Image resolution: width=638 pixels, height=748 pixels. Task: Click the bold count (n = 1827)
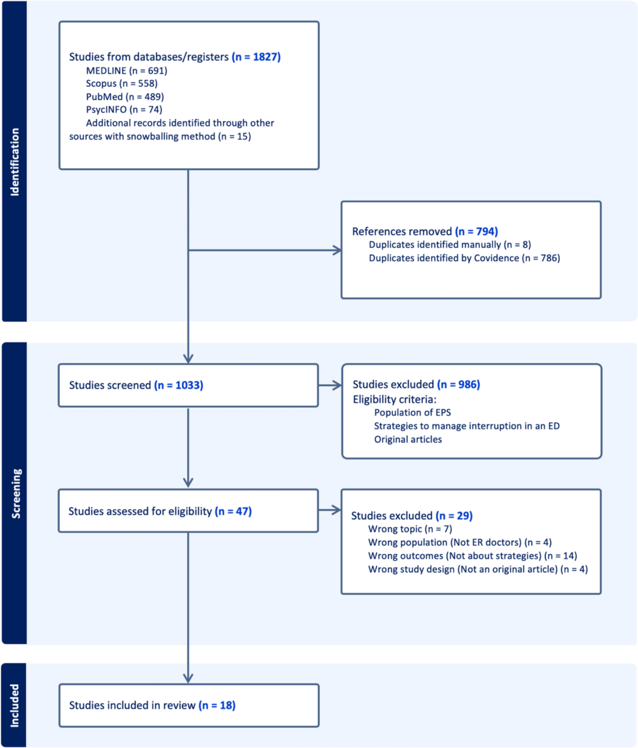click(x=256, y=57)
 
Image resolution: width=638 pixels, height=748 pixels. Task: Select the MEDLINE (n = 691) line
click(x=127, y=71)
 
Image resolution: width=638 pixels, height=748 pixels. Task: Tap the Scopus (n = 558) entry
click(x=122, y=84)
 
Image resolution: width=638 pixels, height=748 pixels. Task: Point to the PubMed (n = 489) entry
click(x=125, y=97)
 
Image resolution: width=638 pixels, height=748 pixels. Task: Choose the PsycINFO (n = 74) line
click(x=124, y=110)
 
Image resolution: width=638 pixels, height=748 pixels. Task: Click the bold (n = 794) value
click(x=476, y=231)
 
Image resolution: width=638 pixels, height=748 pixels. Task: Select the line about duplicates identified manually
click(x=450, y=245)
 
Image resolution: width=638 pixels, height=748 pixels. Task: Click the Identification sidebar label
click(x=14, y=162)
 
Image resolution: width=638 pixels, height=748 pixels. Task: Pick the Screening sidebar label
click(x=16, y=493)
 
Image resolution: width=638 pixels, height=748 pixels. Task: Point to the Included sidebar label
click(x=14, y=705)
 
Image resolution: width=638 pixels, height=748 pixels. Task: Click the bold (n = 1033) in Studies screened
click(x=179, y=385)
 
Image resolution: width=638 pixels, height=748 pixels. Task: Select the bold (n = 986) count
click(x=459, y=384)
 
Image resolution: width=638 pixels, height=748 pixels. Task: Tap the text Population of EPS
click(x=413, y=412)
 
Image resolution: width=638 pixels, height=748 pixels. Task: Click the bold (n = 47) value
click(x=233, y=511)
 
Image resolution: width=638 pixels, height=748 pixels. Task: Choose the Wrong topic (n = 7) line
click(x=410, y=529)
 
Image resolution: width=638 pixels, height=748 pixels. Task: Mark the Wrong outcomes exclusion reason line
click(x=472, y=556)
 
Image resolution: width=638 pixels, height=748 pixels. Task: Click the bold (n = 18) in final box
click(x=217, y=705)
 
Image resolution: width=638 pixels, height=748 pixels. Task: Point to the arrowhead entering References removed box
click(x=337, y=250)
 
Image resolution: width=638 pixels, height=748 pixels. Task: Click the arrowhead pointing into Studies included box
click(x=188, y=678)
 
